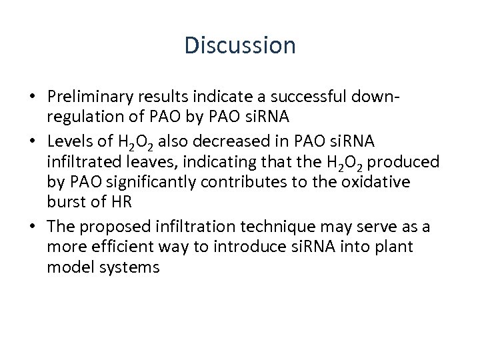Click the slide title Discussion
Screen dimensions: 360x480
[x=240, y=45]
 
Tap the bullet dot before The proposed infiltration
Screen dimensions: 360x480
[x=33, y=227]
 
